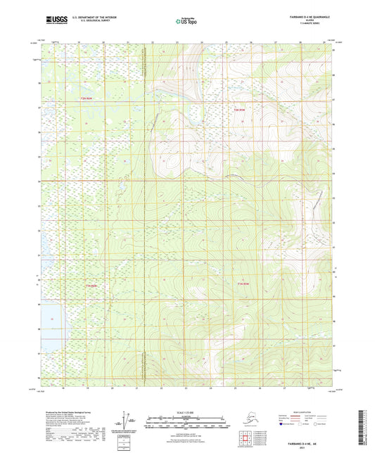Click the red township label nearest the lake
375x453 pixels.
pyautogui.click(x=89, y=286)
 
